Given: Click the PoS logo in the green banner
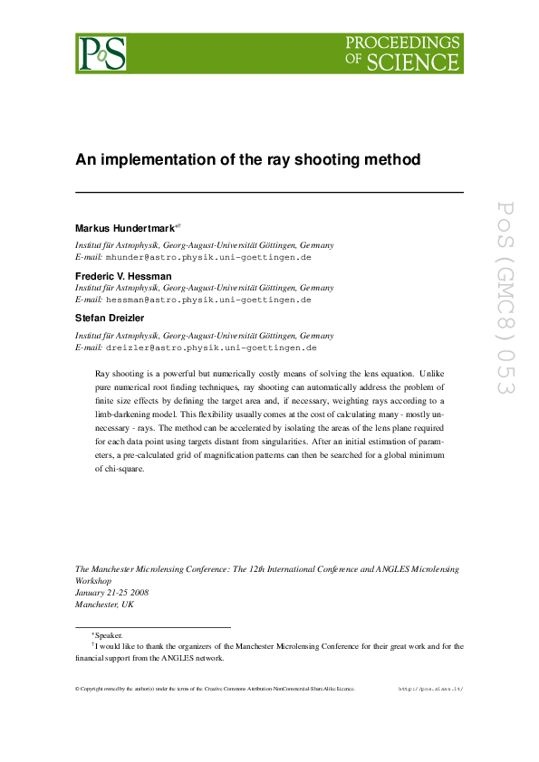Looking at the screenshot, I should [x=101, y=53].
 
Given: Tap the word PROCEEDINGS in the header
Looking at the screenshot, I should [x=403, y=43].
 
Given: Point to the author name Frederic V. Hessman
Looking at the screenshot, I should [x=123, y=275].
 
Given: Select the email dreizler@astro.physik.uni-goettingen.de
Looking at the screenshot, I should [x=211, y=347].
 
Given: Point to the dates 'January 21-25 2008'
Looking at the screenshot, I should [x=111, y=592].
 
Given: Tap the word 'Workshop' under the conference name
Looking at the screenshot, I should [x=92, y=580].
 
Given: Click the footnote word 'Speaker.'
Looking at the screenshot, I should [x=108, y=636].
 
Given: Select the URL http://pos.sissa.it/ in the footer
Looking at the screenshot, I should [x=431, y=689].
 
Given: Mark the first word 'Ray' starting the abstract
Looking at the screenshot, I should [x=102, y=373].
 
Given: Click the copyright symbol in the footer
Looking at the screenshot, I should [x=77, y=689].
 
